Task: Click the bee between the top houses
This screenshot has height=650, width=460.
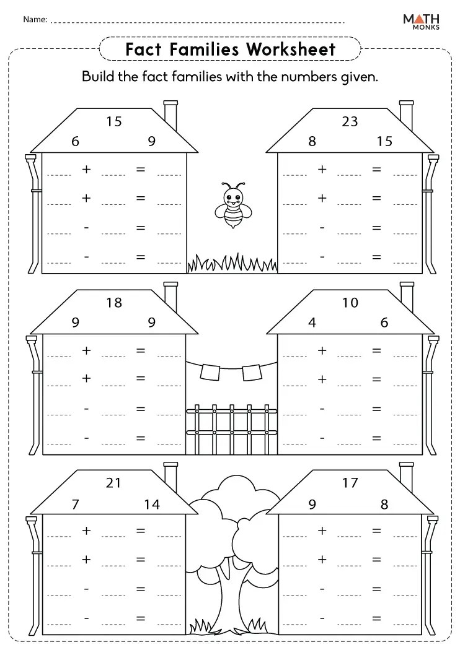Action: coord(232,205)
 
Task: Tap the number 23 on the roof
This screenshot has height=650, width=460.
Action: coord(350,121)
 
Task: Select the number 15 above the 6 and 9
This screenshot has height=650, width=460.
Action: coord(113,121)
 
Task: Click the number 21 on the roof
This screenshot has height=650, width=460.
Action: coord(113,483)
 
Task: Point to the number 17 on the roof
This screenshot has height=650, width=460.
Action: coord(350,483)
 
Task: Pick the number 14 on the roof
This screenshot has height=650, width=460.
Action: coord(152,504)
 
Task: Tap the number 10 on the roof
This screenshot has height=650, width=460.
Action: coord(350,303)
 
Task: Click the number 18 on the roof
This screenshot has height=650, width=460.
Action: coord(113,303)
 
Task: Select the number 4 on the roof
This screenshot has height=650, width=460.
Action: coord(312,323)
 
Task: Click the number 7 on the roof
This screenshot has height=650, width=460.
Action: coord(76,504)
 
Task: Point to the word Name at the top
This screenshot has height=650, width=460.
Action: coord(35,20)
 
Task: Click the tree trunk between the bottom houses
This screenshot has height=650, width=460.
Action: coord(232,594)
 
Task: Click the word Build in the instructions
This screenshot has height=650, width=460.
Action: coord(100,77)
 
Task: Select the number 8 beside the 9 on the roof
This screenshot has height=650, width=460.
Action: coord(384,504)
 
